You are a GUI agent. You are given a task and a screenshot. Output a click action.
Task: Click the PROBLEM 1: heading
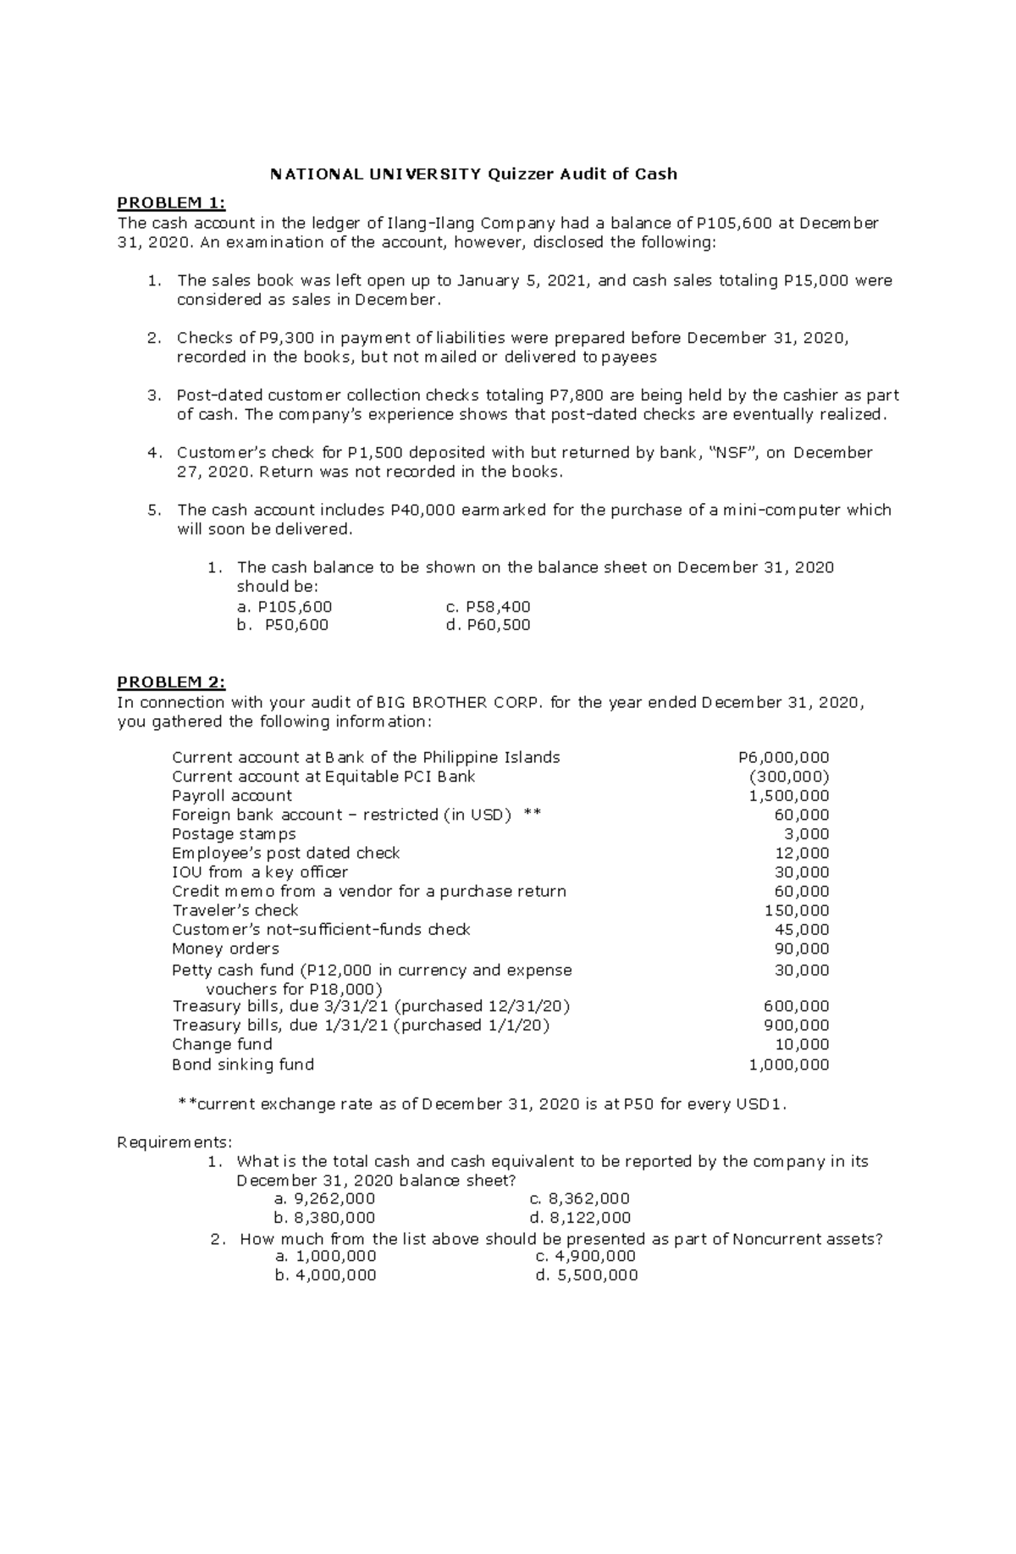pyautogui.click(x=171, y=202)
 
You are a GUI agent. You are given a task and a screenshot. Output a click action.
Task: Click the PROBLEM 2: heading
pyautogui.click(x=171, y=682)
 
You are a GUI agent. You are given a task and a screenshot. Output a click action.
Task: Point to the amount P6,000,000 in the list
pyautogui.click(x=784, y=757)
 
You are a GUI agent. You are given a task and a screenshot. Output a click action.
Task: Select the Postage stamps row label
pyautogui.click(x=234, y=834)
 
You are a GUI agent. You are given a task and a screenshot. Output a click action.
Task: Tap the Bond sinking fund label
pyautogui.click(x=243, y=1065)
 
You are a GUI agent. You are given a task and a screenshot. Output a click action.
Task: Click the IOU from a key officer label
pyautogui.click(x=260, y=872)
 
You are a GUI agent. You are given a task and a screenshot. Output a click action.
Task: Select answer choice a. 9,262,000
pyautogui.click(x=325, y=1199)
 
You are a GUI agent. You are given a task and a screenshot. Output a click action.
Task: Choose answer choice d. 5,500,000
pyautogui.click(x=587, y=1275)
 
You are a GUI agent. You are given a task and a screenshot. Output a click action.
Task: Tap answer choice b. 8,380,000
pyautogui.click(x=325, y=1218)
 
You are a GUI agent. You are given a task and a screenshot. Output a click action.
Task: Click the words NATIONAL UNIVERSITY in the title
pyautogui.click(x=374, y=174)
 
